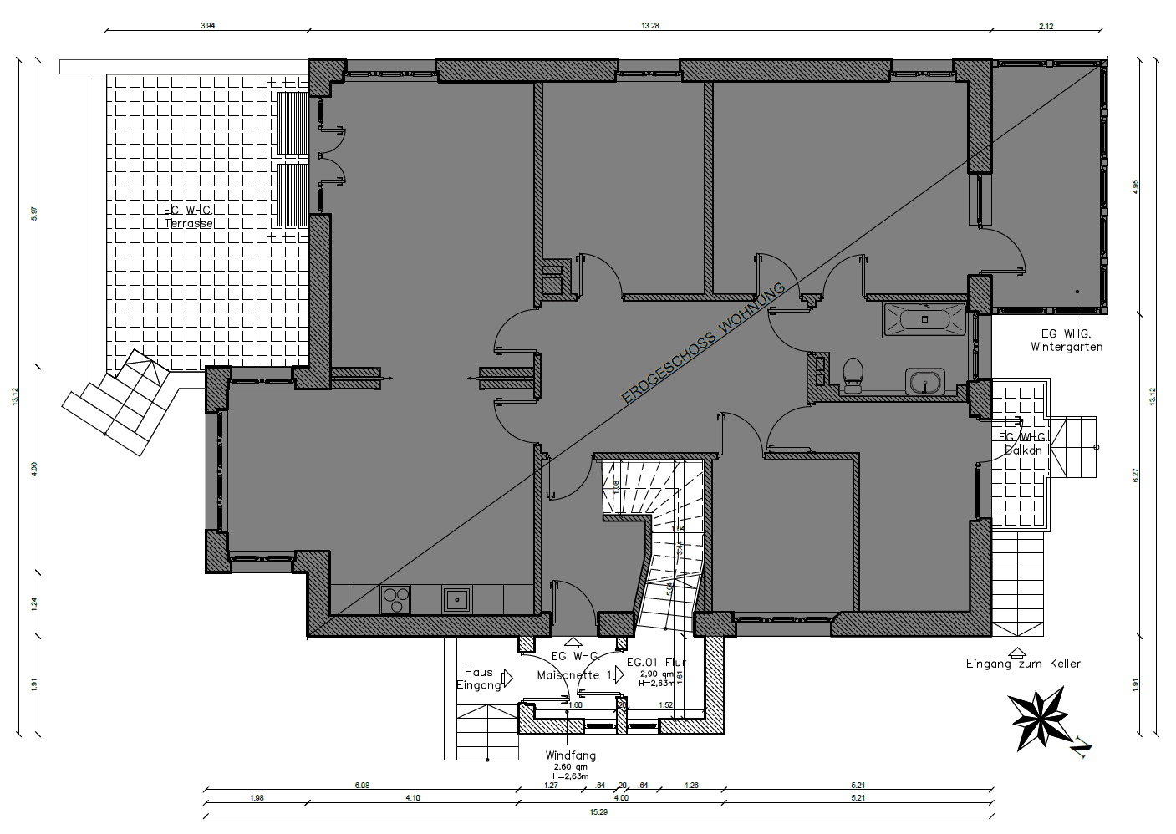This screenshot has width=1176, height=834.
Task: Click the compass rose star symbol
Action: coord(1039,718)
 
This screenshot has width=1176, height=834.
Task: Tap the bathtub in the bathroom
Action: coord(924,319)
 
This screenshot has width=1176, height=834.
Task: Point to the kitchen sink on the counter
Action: coord(457,599)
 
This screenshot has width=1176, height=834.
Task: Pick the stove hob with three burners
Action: coord(396,599)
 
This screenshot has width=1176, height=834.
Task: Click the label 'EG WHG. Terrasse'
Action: coord(188,217)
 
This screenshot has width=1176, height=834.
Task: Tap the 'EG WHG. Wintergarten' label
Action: coord(1066,340)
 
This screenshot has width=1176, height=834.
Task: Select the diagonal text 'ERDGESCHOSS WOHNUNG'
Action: coord(704,343)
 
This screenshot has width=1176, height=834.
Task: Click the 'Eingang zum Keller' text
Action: coord(1023,664)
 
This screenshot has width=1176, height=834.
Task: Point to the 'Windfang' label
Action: coord(570,755)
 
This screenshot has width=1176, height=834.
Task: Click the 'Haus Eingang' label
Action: coord(479,679)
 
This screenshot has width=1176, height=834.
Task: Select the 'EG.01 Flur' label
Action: coord(656,663)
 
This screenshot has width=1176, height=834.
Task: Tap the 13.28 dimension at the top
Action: coord(649,26)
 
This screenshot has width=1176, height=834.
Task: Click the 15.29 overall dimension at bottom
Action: coord(598,811)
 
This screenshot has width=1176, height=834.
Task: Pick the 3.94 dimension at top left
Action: coord(207,26)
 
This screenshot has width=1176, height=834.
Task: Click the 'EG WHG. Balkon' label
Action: coord(1023,444)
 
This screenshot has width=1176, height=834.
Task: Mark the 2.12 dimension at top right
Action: coord(1046,26)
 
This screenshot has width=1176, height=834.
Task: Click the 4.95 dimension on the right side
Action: coord(1134,186)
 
